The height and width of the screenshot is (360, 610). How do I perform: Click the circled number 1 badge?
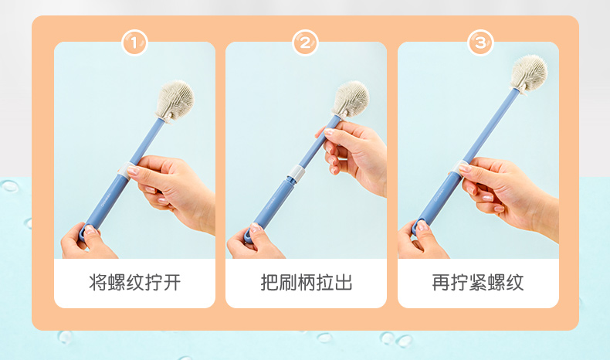(134, 42)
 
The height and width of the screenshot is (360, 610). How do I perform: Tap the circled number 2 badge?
(306, 42)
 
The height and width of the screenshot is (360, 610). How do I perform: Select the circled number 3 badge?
(480, 42)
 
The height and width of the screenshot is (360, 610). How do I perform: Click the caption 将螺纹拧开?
(134, 283)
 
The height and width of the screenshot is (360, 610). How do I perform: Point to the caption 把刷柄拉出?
(307, 283)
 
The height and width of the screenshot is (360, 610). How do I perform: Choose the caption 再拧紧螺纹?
(478, 283)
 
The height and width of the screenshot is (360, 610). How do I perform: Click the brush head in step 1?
(175, 100)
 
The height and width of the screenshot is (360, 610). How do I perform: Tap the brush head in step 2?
(351, 99)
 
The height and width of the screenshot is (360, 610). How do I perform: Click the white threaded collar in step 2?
(296, 173)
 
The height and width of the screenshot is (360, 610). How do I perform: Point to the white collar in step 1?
(124, 171)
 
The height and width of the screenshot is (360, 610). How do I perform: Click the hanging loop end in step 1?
(83, 233)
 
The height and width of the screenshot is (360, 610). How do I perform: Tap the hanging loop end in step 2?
(249, 234)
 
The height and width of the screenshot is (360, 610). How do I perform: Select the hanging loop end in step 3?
(418, 227)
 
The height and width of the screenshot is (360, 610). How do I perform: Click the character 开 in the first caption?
(172, 283)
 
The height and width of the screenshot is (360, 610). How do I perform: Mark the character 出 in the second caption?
(344, 283)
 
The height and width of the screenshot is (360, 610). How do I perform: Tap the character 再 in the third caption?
(441, 283)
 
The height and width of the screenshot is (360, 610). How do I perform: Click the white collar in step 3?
(459, 168)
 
